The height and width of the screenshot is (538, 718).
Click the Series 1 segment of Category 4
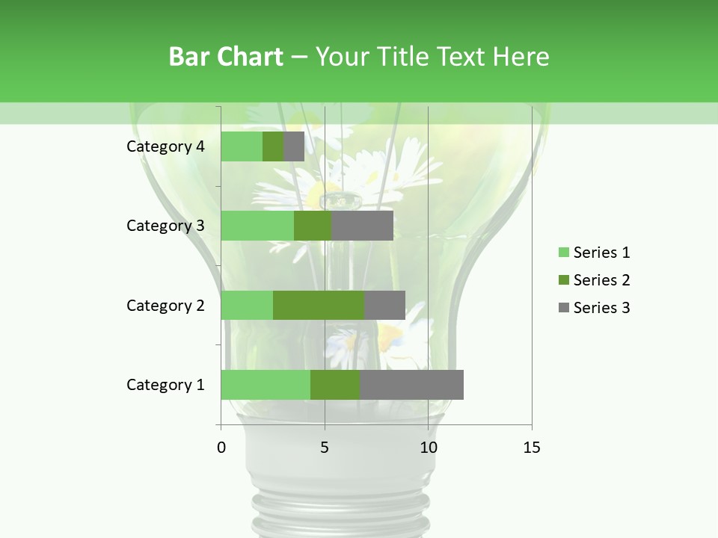pyautogui.click(x=242, y=146)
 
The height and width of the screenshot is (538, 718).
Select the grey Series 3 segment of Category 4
pyautogui.click(x=294, y=146)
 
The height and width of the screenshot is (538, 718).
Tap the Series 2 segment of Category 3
pyautogui.click(x=313, y=226)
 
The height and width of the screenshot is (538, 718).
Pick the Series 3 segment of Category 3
pyautogui.click(x=363, y=226)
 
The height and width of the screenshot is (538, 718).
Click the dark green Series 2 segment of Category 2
pyautogui.click(x=319, y=305)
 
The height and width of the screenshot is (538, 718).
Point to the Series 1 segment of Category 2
pyautogui.click(x=247, y=305)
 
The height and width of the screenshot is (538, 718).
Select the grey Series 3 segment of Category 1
pyautogui.click(x=411, y=385)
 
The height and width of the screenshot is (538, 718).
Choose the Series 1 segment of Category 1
pyautogui.click(x=266, y=385)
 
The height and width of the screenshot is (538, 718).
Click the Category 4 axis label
pyautogui.click(x=165, y=146)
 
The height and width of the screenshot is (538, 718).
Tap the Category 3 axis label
pyautogui.click(x=165, y=226)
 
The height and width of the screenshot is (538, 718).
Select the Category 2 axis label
pyautogui.click(x=165, y=306)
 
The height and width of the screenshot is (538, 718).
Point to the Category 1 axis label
pyautogui.click(x=165, y=385)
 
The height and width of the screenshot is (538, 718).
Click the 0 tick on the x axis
pyautogui.click(x=221, y=448)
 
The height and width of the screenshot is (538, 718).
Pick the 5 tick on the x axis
pyautogui.click(x=325, y=448)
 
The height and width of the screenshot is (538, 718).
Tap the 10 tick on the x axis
pyautogui.click(x=428, y=448)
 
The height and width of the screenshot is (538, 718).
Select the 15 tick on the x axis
pyautogui.click(x=531, y=448)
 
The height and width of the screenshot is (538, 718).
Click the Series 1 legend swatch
pyautogui.click(x=563, y=253)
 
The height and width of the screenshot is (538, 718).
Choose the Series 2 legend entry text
pyautogui.click(x=601, y=280)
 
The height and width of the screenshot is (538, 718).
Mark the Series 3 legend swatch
pyautogui.click(x=563, y=308)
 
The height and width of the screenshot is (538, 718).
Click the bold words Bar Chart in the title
pyautogui.click(x=225, y=57)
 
